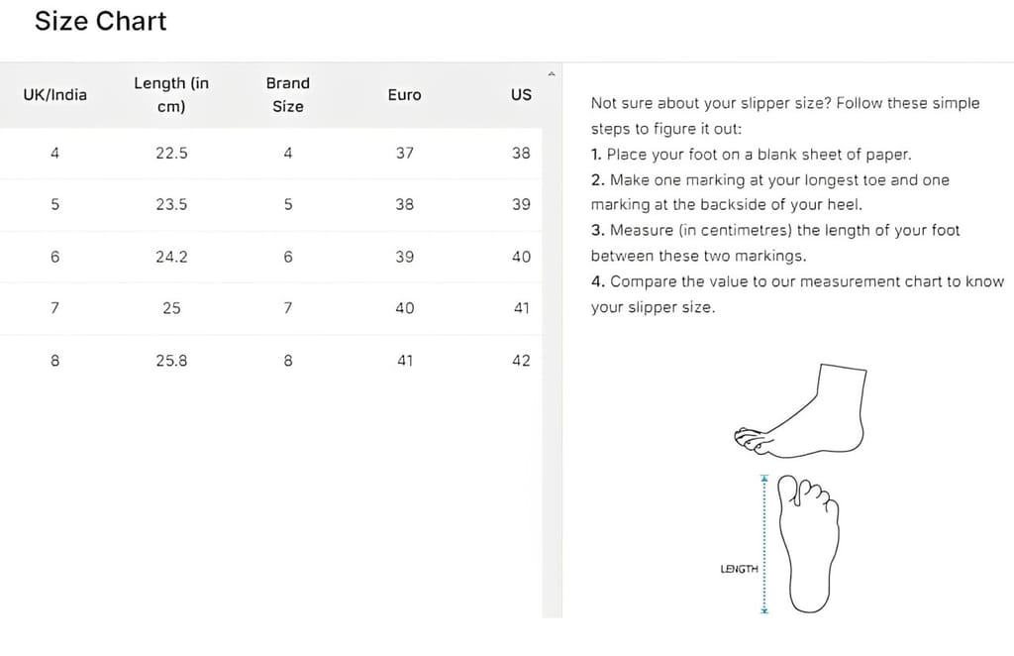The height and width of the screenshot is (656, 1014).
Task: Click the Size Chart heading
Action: pos(100,21)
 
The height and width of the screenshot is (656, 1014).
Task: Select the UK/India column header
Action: pos(54,95)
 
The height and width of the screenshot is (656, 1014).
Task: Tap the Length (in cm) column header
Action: pos(171,95)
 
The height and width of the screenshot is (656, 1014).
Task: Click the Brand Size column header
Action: pos(287,95)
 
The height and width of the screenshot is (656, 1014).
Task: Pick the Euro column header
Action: pos(404,95)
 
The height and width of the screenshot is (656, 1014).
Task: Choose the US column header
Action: pos(521,95)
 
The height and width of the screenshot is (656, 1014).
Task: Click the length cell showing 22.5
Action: pos(171,154)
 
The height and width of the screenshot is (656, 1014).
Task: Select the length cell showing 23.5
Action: pos(171,205)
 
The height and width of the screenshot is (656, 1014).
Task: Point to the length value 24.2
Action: pos(171,257)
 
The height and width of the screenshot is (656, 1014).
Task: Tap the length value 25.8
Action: pos(171,361)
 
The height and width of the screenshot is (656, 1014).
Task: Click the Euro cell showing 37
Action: pos(404,154)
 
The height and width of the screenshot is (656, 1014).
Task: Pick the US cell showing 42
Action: pos(521,361)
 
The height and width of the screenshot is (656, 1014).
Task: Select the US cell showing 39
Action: pos(521,205)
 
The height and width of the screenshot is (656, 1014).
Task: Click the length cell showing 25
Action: pos(171,308)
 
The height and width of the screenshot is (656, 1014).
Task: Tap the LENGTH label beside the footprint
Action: pos(739,569)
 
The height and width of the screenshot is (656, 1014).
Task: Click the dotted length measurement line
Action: pos(763,544)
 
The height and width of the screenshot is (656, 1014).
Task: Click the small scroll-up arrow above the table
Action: pos(552,73)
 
